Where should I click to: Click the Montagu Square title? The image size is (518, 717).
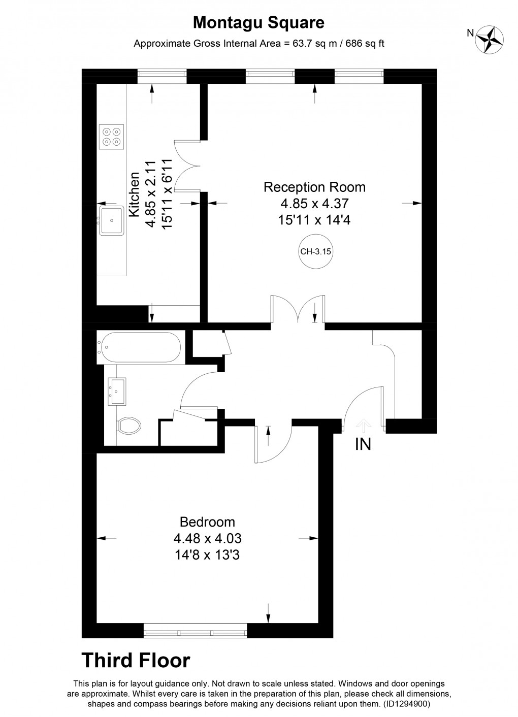[259, 23]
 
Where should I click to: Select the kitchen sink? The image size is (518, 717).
[111, 219]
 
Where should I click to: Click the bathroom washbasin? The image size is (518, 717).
[117, 391]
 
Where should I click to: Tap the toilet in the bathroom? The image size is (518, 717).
[128, 426]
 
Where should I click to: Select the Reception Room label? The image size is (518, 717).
[314, 187]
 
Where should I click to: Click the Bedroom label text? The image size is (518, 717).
[208, 522]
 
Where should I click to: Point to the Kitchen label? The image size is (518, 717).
[134, 195]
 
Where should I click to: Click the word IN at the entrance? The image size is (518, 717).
[363, 444]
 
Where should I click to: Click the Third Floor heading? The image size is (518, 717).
[136, 661]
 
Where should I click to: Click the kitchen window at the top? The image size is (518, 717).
[163, 76]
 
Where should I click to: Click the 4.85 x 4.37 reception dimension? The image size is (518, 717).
[314, 204]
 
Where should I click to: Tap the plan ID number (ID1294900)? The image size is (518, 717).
[405, 704]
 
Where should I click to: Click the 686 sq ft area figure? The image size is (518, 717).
[365, 44]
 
